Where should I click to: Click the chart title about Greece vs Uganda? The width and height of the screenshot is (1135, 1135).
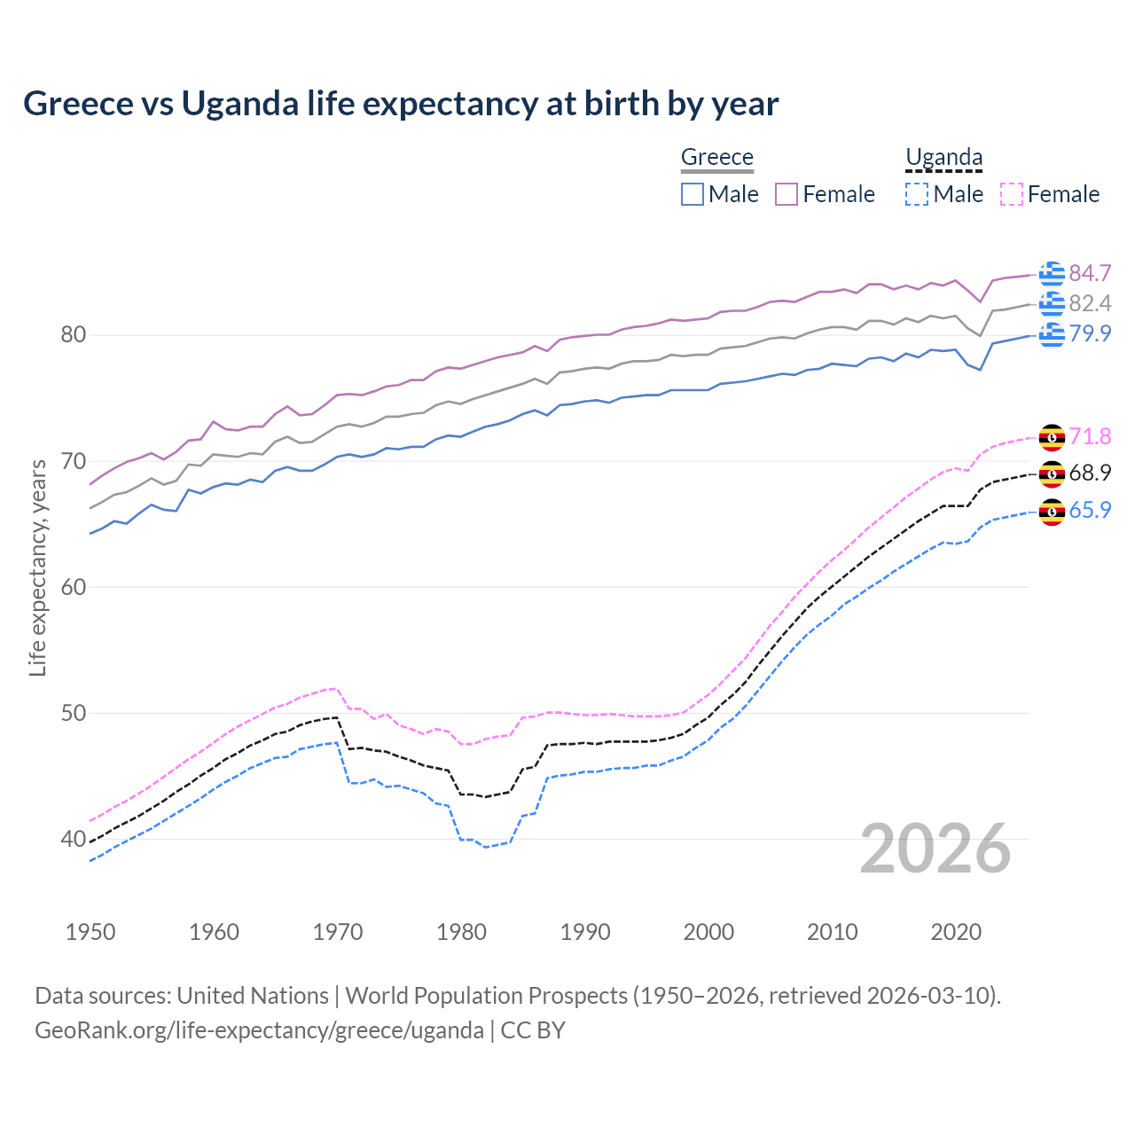(401, 104)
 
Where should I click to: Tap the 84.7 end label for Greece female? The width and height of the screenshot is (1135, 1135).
(1090, 273)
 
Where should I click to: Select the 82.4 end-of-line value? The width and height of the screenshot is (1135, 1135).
(1090, 304)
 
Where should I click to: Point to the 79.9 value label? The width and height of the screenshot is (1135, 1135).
(1090, 334)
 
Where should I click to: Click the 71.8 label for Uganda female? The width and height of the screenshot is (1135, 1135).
(1090, 436)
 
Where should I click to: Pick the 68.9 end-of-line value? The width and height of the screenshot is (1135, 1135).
(1090, 474)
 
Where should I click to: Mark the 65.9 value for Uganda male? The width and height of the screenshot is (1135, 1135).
(1090, 511)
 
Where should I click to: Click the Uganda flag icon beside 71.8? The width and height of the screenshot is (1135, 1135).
(1052, 437)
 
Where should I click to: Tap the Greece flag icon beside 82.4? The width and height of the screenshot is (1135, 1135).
(1052, 304)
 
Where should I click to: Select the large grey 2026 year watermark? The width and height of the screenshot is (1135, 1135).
(935, 849)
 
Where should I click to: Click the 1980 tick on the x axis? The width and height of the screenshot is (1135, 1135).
(461, 932)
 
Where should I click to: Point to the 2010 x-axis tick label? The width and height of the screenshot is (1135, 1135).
(832, 932)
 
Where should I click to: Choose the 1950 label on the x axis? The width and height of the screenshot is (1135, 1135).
(90, 932)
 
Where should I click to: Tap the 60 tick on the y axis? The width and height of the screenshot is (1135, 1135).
(73, 587)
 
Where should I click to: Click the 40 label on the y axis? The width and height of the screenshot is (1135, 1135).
(73, 839)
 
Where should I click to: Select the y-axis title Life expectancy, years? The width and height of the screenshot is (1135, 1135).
(37, 567)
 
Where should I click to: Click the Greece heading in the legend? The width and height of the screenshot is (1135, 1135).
(716, 157)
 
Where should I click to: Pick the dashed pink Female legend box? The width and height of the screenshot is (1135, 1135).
(1011, 194)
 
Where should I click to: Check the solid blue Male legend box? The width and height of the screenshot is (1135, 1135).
(693, 194)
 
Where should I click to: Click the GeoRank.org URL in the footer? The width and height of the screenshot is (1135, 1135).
(259, 1030)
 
